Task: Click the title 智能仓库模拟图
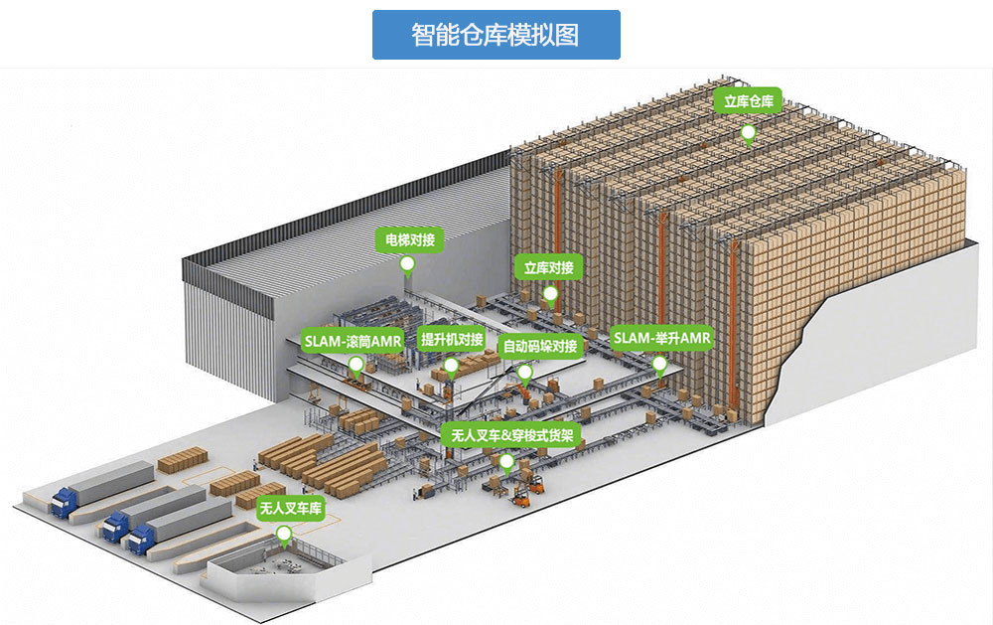click(496, 35)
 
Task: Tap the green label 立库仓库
click(748, 100)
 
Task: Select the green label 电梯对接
click(410, 239)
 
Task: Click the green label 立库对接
click(548, 268)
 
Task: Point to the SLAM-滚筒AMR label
click(353, 341)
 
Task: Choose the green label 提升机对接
click(452, 340)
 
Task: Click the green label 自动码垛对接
click(540, 346)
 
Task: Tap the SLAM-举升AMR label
click(661, 338)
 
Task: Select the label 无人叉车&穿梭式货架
click(511, 435)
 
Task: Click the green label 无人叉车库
click(291, 509)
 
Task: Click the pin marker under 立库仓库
click(749, 135)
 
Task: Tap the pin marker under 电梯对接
click(408, 265)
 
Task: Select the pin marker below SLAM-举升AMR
click(659, 366)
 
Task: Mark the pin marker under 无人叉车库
click(284, 538)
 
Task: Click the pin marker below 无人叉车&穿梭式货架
click(506, 463)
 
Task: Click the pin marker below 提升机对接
click(450, 368)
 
